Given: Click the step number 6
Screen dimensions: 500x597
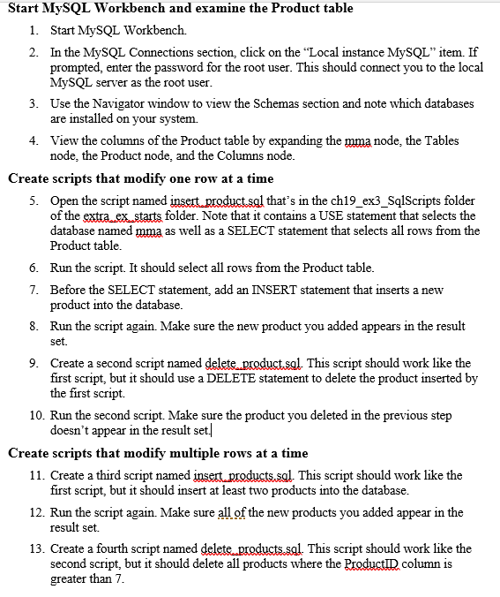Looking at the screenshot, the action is [x=33, y=268].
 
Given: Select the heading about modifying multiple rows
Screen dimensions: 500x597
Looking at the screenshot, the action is [x=158, y=453].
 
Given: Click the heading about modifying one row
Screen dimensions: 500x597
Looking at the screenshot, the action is [x=140, y=178].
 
